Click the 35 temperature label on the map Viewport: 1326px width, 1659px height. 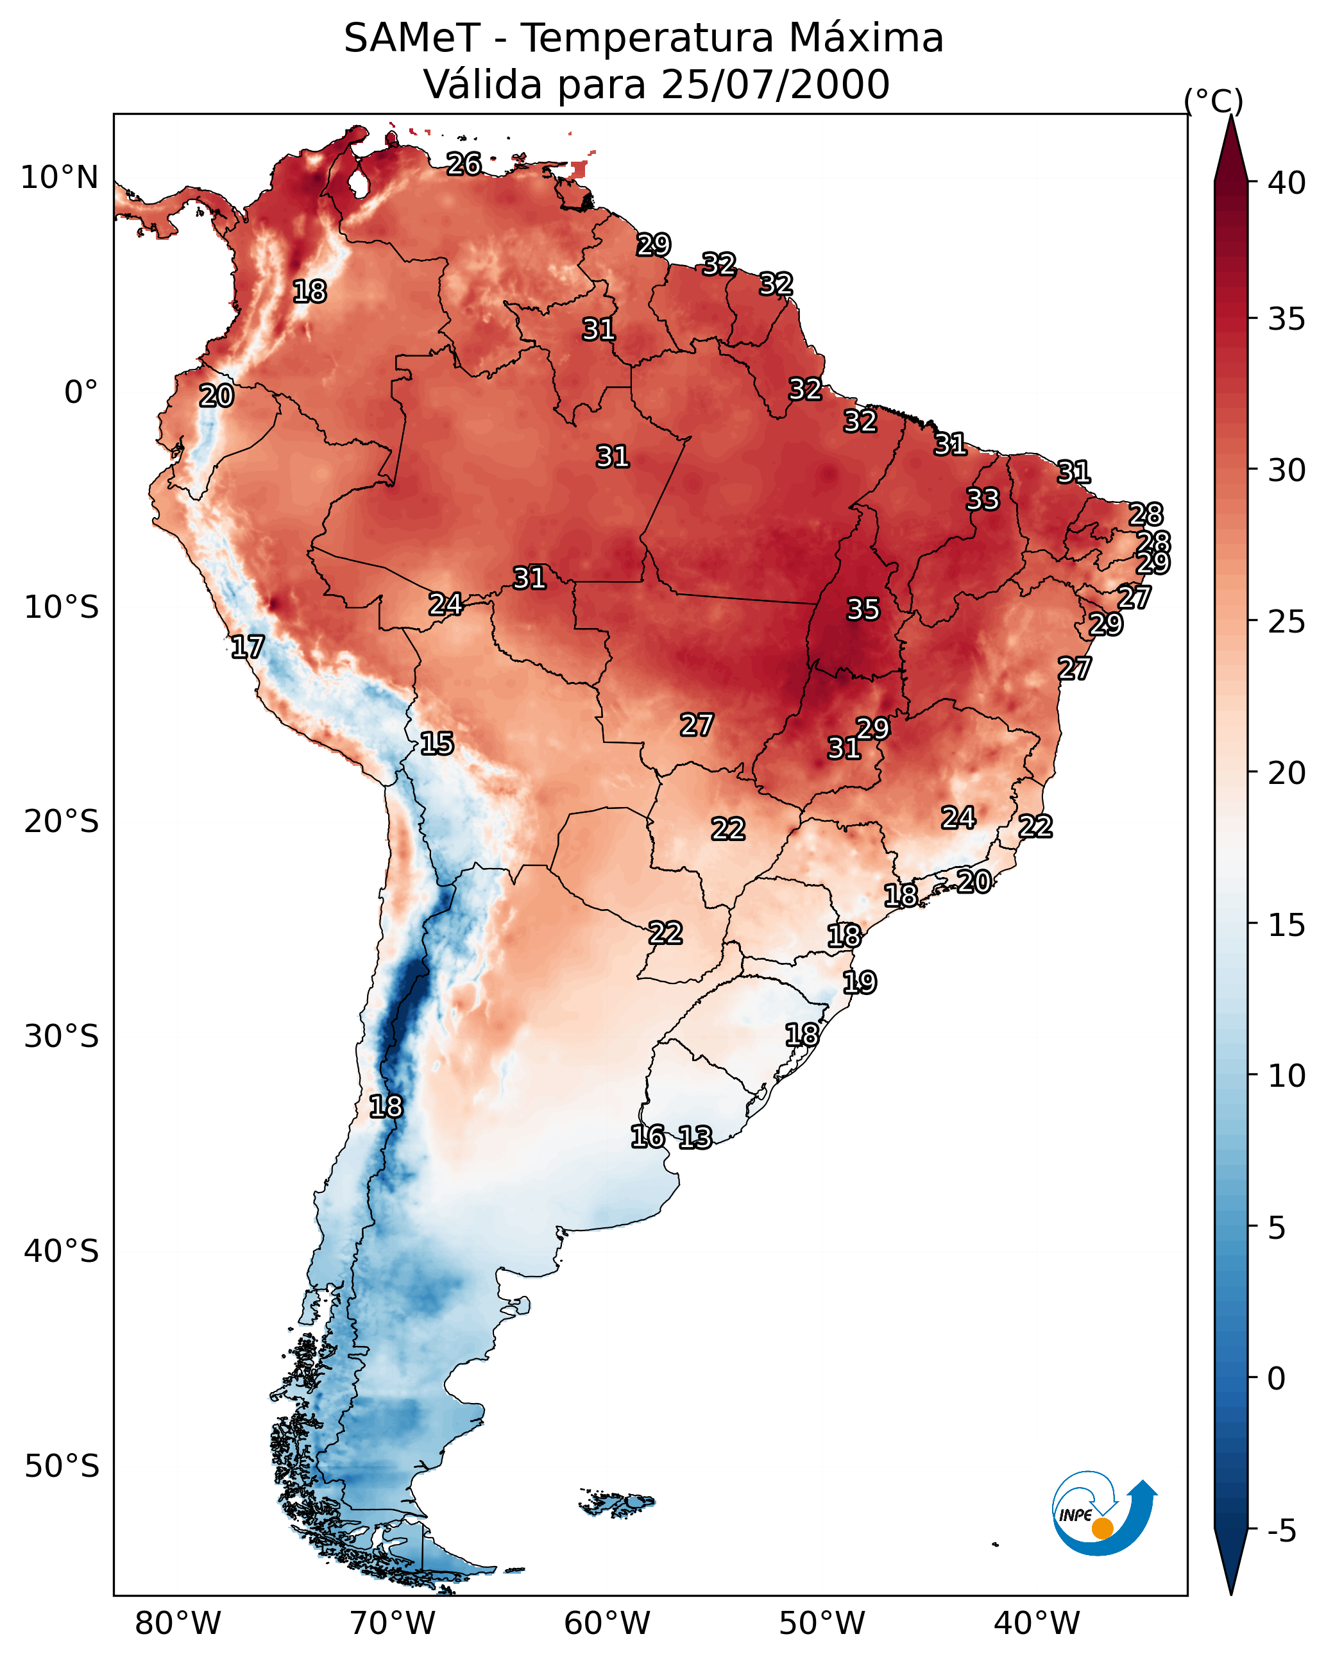pyautogui.click(x=863, y=609)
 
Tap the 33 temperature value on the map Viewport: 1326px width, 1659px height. pyautogui.click(x=983, y=499)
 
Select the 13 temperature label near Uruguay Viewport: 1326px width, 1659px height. pyautogui.click(x=695, y=1137)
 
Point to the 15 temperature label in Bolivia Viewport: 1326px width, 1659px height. pyautogui.click(x=436, y=744)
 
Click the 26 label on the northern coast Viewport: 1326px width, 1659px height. pyautogui.click(x=464, y=164)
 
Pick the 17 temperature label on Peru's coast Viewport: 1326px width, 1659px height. pyautogui.click(x=247, y=647)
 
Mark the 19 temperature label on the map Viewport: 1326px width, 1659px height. pyautogui.click(x=859, y=983)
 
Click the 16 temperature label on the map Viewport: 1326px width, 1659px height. pyautogui.click(x=647, y=1137)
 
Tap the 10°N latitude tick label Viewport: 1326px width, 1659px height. pyautogui.click(x=59, y=178)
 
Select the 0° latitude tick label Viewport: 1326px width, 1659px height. pyautogui.click(x=81, y=393)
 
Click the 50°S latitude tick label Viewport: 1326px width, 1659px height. pyautogui.click(x=62, y=1467)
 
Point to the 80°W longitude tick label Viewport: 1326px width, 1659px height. pyautogui.click(x=178, y=1623)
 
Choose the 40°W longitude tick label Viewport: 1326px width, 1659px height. pyautogui.click(x=1037, y=1623)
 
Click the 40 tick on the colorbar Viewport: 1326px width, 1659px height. pyautogui.click(x=1287, y=183)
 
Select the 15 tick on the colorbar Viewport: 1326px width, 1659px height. pyautogui.click(x=1287, y=926)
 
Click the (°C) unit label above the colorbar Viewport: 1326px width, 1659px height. pyautogui.click(x=1213, y=101)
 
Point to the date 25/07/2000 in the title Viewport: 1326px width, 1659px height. pyautogui.click(x=775, y=85)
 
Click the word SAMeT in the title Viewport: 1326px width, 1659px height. pyautogui.click(x=412, y=38)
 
